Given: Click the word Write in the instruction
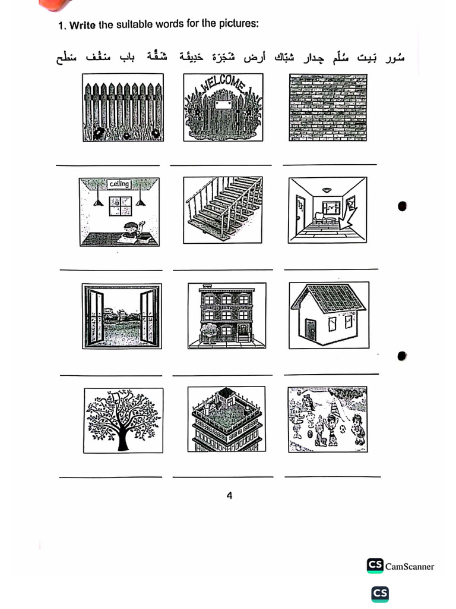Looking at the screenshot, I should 83,26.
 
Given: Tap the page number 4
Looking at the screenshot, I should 229,495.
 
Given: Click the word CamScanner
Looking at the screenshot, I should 410,567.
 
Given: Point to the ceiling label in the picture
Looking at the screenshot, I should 119,184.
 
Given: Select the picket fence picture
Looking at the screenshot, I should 122,108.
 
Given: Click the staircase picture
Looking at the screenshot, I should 223,209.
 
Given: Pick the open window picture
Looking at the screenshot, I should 121,316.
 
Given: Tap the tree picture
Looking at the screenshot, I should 123,419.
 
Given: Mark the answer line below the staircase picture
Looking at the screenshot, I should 222,269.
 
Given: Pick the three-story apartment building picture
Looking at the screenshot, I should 226,316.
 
